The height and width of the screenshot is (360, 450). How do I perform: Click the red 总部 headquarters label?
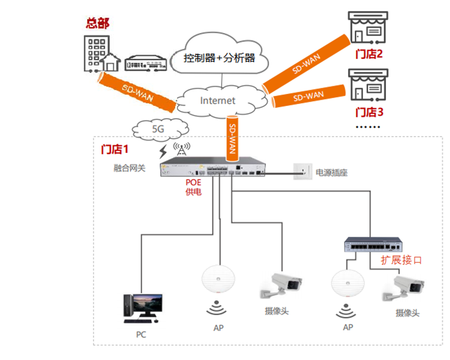98,23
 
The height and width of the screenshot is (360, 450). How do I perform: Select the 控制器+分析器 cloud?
219,58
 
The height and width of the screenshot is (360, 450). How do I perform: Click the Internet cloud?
217,100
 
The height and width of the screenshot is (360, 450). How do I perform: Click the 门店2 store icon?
367,30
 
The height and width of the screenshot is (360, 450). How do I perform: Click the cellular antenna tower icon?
182,149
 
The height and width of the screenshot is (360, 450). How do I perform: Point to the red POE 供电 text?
193,187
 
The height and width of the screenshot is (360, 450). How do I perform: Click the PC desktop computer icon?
141,306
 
